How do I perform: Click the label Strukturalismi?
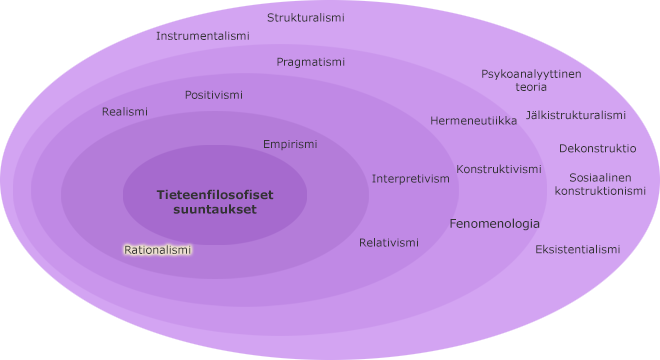coord(306,18)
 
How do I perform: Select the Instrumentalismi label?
coord(203,36)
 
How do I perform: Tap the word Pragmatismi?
coord(311,62)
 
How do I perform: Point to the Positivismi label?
coord(214,95)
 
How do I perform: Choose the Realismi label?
coord(125,112)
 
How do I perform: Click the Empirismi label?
coord(290,144)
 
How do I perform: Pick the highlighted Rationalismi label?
coord(158,249)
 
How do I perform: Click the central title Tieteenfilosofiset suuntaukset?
coord(215,202)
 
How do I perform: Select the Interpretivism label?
coord(411,179)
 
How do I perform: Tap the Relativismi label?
coord(389,242)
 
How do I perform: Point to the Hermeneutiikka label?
coord(474,121)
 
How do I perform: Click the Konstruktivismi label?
coord(499,169)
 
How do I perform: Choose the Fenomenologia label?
coord(495,223)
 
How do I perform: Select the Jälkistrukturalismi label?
coord(576,115)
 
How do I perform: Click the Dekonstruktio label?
coord(597,148)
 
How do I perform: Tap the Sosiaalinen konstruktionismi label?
coord(600,184)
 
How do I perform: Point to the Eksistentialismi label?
coord(578,249)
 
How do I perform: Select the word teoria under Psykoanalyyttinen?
coord(531,87)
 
